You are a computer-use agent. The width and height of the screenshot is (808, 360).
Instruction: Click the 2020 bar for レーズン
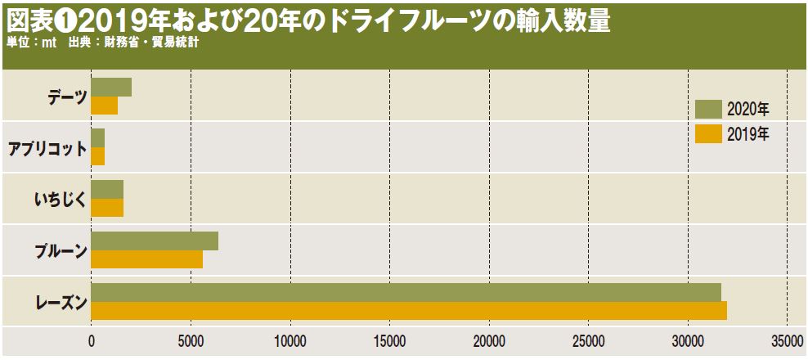click(406, 292)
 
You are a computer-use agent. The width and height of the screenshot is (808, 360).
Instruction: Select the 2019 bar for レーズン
click(409, 311)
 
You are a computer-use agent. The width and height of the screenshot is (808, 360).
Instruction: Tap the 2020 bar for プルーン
click(155, 241)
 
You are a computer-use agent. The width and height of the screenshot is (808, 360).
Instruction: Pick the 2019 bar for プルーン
click(147, 259)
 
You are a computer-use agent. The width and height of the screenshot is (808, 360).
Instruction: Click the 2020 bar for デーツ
click(111, 88)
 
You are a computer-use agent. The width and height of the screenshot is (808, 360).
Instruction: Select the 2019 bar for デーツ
click(105, 106)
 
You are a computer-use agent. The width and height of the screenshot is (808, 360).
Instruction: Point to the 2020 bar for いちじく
click(107, 190)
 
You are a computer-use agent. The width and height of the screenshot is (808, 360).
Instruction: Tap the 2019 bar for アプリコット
click(98, 156)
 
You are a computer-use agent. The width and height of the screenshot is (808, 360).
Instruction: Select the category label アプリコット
click(47, 148)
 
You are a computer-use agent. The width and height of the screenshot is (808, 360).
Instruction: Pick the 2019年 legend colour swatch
click(708, 133)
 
